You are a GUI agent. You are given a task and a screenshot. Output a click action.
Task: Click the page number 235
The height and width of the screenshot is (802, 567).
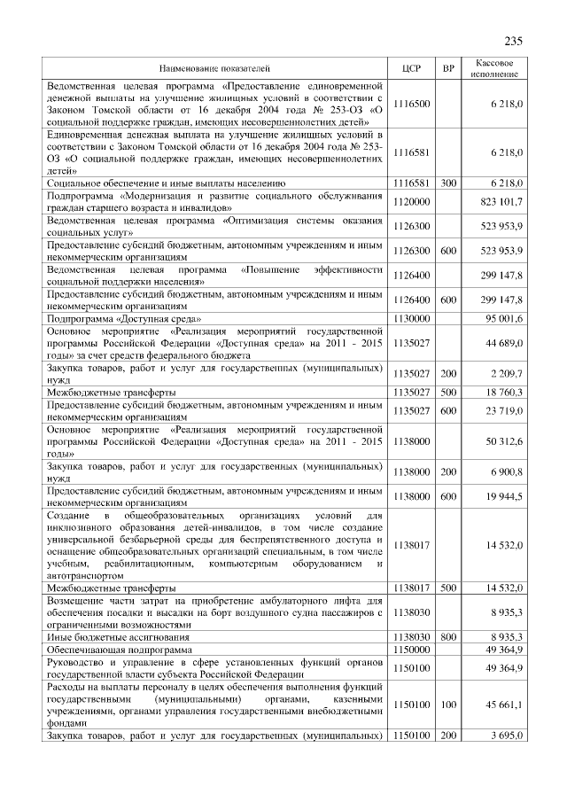[x=515, y=41]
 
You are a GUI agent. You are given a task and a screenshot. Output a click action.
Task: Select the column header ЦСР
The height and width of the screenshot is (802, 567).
[x=410, y=68]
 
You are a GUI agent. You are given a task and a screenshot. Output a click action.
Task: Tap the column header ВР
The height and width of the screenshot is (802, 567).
[x=449, y=68]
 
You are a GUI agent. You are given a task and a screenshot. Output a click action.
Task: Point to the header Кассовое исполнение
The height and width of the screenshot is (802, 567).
[x=494, y=68]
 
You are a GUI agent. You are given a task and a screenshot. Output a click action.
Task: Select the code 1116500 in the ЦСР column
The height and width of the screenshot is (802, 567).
[x=410, y=104]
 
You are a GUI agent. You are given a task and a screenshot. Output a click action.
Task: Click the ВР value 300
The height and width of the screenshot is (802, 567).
[x=448, y=182]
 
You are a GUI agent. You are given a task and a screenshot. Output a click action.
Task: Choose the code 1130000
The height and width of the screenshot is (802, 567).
[x=410, y=316]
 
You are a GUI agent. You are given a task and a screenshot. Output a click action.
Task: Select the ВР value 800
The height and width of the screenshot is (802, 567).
[x=448, y=636]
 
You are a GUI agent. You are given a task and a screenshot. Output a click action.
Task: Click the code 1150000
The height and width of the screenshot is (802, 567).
[x=410, y=650]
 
